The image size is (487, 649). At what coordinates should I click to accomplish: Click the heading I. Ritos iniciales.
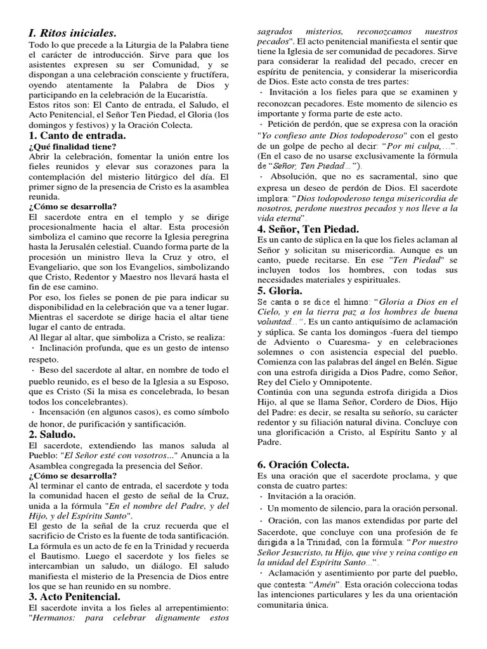tap(73, 33)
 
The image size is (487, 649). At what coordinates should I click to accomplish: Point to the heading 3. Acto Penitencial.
tap(74, 596)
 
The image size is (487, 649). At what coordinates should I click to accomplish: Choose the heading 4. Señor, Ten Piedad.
tap(308, 229)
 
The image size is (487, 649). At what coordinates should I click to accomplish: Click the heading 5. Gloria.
tap(280, 291)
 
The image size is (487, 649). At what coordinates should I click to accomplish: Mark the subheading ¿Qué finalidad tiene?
tap(72, 146)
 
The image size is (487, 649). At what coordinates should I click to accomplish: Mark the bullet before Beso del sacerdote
tap(32, 369)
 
